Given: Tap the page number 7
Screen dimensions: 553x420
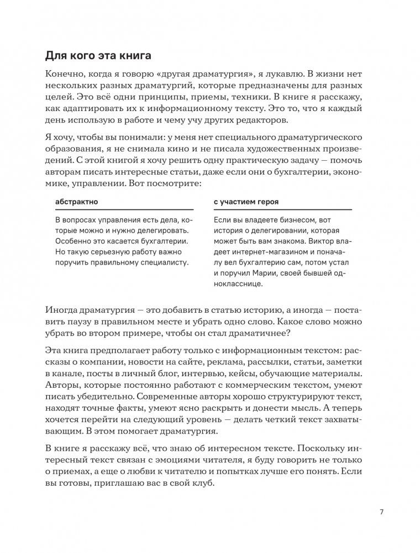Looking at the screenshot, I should pyautogui.click(x=381, y=511).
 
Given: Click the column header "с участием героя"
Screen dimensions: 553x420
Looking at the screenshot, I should pyautogui.click(x=246, y=202).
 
